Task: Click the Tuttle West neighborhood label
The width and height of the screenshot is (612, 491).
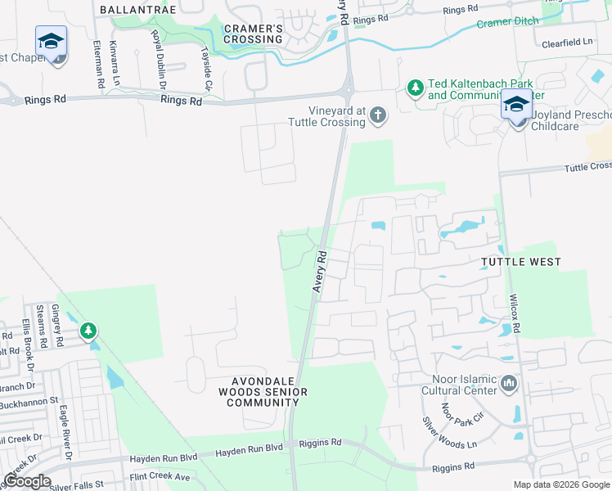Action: tap(521, 262)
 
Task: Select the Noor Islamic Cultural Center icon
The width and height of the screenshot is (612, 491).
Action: tap(509, 382)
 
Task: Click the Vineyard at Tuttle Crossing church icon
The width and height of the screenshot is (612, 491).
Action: tap(378, 115)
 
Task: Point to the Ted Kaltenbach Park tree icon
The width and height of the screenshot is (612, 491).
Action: tap(416, 87)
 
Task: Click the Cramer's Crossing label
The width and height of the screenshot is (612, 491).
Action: tap(253, 34)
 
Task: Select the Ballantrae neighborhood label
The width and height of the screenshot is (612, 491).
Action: tap(137, 9)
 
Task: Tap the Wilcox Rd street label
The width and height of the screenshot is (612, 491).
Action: tap(515, 314)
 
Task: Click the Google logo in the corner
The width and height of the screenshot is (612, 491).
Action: tap(27, 481)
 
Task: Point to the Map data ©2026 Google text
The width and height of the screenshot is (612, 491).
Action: tap(561, 484)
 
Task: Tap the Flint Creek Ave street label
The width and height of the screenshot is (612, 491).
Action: tap(160, 476)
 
